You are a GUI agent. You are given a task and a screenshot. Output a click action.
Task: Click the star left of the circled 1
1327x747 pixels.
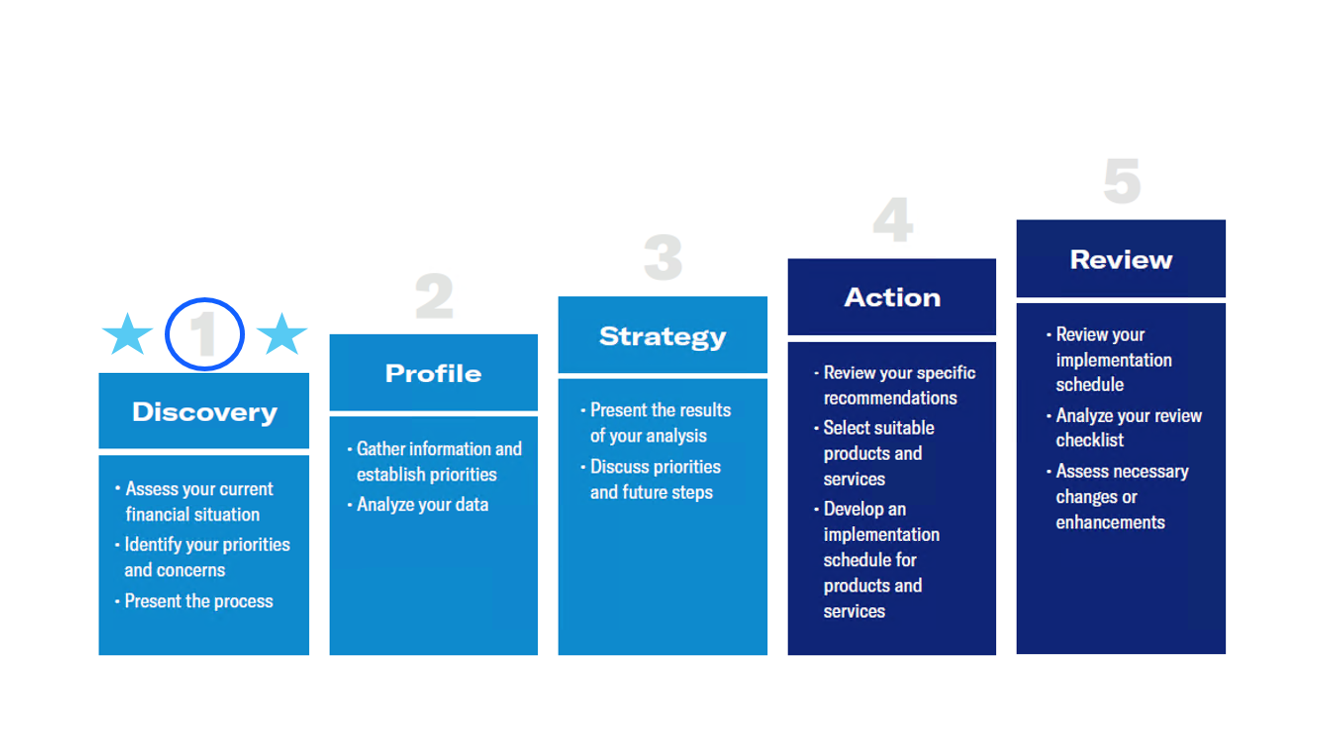pos(127,334)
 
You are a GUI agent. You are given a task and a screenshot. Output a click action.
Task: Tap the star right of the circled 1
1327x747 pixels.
pos(282,334)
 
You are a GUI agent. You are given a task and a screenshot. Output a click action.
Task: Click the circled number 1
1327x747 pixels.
pos(205,334)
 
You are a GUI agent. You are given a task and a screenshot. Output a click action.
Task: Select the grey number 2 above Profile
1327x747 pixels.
pos(434,297)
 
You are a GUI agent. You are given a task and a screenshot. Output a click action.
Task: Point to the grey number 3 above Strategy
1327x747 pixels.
pos(663,258)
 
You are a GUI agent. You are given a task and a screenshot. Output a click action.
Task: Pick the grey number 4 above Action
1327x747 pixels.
pos(892,220)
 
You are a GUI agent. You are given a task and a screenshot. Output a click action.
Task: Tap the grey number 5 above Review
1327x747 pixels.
pos(1121,182)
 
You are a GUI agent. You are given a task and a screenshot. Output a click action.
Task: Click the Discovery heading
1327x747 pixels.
pos(204,412)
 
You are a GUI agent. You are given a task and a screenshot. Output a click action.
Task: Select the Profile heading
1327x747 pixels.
pos(433,373)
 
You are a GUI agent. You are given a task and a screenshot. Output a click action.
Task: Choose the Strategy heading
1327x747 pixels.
pos(662,337)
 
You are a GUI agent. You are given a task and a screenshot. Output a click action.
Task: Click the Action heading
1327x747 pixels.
pos(892,297)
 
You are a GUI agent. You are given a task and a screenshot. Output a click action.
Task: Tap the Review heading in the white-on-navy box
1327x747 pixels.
pos(1121,260)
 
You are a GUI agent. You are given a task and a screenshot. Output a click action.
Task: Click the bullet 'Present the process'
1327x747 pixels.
pos(198,601)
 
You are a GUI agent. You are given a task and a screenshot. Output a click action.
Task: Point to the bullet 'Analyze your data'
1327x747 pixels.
pos(422,504)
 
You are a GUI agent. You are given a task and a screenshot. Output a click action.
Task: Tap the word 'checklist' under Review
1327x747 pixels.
pos(1090,440)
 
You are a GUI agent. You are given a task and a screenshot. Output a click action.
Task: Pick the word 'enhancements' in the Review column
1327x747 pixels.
pos(1110,522)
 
